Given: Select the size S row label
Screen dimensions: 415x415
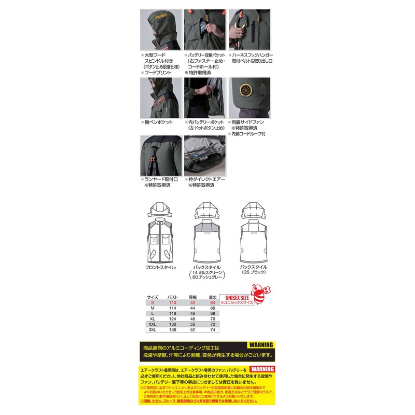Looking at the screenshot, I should click(153, 302).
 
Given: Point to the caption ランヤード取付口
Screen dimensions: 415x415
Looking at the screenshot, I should click(164, 179).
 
